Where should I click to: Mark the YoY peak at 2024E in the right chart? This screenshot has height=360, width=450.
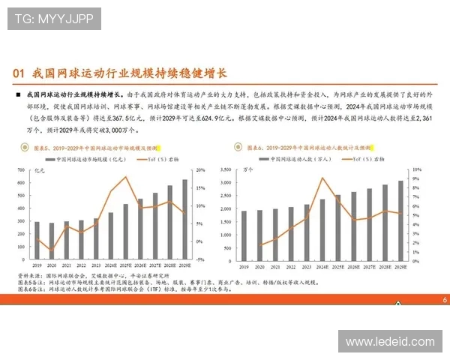pyautogui.click(x=322, y=178)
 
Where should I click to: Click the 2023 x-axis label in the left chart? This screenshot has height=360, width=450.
pyautogui.click(x=96, y=265)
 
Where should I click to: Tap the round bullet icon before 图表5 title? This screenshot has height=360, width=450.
pyautogui.click(x=28, y=148)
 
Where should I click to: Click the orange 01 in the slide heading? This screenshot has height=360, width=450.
pyautogui.click(x=21, y=73)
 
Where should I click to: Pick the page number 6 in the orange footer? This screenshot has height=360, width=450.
pyautogui.click(x=444, y=299)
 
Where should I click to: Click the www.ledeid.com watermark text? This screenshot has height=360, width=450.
pyautogui.click(x=390, y=342)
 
